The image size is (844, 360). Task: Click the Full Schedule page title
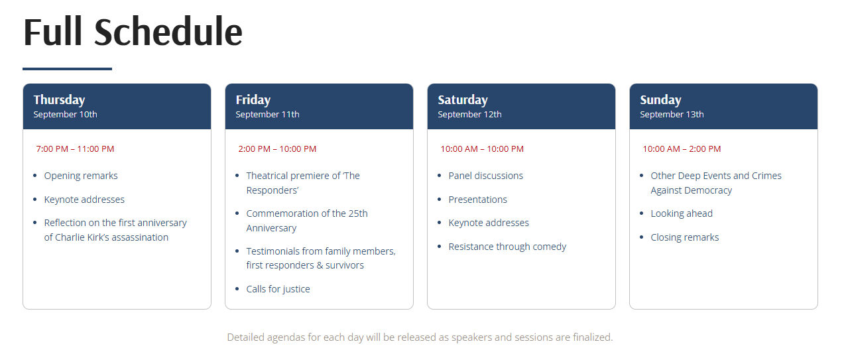pyautogui.click(x=133, y=32)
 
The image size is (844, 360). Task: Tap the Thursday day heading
pyautogui.click(x=59, y=100)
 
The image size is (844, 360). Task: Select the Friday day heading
pyautogui.click(x=253, y=100)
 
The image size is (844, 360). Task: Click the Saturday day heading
pyautogui.click(x=463, y=100)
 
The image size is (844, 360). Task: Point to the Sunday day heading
pyautogui.click(x=660, y=100)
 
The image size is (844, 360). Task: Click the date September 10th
pyautogui.click(x=65, y=114)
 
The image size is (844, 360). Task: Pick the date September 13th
pyautogui.click(x=672, y=114)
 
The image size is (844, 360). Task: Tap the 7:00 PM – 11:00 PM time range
pyautogui.click(x=75, y=149)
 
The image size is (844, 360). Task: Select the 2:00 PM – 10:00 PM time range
pyautogui.click(x=277, y=149)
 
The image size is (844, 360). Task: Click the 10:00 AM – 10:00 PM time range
pyautogui.click(x=482, y=149)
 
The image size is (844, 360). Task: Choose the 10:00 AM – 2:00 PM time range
pyautogui.click(x=682, y=149)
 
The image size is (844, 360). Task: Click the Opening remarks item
pyautogui.click(x=81, y=176)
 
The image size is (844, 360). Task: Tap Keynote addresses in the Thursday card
pyautogui.click(x=84, y=200)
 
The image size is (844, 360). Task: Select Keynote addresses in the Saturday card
pyautogui.click(x=489, y=223)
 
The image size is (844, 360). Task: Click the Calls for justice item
pyautogui.click(x=278, y=289)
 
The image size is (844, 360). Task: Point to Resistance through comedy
pyautogui.click(x=507, y=247)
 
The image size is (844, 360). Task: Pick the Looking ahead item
pyautogui.click(x=682, y=213)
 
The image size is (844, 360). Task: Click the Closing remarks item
pyautogui.click(x=685, y=237)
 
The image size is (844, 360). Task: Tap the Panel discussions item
pyautogui.click(x=486, y=176)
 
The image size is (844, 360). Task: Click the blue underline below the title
pyautogui.click(x=67, y=68)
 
